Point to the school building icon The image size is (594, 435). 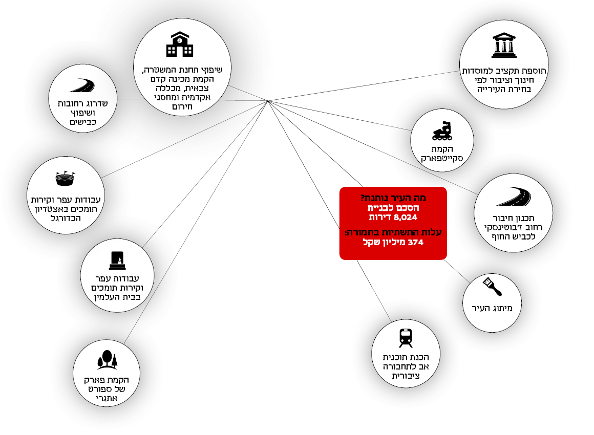click(180, 45)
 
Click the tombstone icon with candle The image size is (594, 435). click(117, 260)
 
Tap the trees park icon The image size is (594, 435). click(107, 360)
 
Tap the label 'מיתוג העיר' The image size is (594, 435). click(492, 309)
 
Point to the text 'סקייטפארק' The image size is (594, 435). click(442, 159)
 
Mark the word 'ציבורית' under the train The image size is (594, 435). click(406, 376)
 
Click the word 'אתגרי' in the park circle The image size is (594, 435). click(107, 399)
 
